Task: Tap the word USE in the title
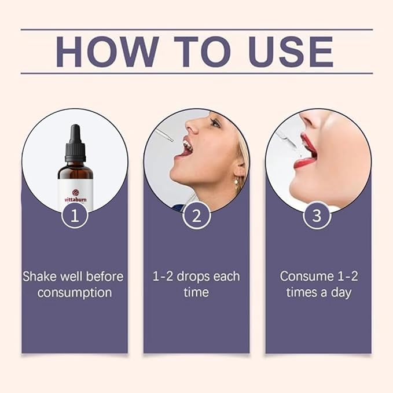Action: [x=291, y=52]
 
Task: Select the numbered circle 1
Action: [x=75, y=215]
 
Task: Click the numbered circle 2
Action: [x=197, y=215]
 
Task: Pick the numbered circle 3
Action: [x=317, y=215]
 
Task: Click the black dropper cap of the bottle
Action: [x=75, y=144]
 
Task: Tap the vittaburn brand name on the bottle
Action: [x=75, y=200]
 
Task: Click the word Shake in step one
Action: [x=40, y=277]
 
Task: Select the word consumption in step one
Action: [x=75, y=293]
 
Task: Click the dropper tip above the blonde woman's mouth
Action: [x=171, y=140]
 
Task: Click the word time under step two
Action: [x=196, y=292]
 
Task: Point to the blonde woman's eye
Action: [x=214, y=123]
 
